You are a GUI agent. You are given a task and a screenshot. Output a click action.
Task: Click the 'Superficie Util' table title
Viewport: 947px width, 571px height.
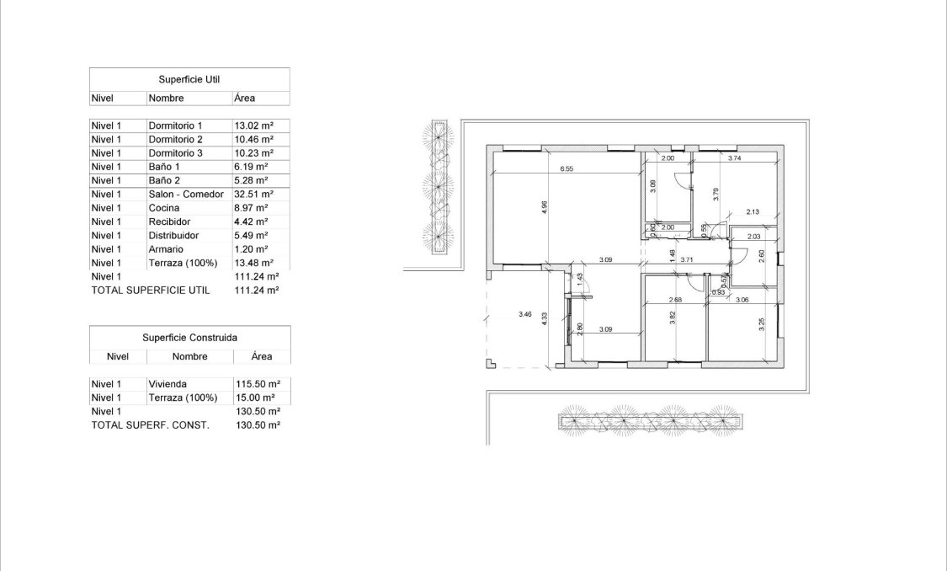tap(189, 79)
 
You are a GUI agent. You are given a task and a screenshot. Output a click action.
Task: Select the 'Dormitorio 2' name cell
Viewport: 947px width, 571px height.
tap(176, 139)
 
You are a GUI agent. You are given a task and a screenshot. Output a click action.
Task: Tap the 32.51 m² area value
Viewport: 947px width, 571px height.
tap(253, 194)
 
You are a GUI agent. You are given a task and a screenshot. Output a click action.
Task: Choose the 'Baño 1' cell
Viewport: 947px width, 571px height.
tap(165, 167)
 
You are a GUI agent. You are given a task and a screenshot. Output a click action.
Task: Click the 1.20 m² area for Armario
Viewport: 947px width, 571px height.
tap(251, 249)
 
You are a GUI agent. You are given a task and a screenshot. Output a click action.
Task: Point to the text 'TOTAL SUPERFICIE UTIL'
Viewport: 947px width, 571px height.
tap(150, 290)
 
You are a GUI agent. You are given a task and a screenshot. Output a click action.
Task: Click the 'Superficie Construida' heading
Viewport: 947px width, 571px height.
tap(189, 337)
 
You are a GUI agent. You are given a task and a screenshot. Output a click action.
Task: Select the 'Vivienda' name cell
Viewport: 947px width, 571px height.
tap(167, 384)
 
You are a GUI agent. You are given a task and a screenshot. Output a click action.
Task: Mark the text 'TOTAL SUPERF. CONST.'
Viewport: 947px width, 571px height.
tap(150, 425)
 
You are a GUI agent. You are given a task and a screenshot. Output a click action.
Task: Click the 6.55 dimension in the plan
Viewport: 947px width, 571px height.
tap(567, 168)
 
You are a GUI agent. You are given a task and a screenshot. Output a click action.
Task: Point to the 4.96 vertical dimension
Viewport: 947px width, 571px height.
tap(545, 205)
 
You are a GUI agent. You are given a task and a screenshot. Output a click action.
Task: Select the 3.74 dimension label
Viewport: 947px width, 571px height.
tap(733, 158)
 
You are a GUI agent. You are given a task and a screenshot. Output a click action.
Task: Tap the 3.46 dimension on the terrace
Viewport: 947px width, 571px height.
tap(524, 315)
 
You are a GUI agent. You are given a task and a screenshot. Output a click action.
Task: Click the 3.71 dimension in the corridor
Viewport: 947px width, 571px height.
tap(686, 260)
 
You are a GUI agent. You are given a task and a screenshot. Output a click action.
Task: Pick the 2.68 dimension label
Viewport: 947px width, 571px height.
tap(674, 301)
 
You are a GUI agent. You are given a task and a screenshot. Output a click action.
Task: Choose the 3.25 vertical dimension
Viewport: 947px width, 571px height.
tap(761, 324)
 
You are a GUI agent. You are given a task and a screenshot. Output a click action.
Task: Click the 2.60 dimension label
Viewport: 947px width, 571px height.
tap(761, 258)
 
